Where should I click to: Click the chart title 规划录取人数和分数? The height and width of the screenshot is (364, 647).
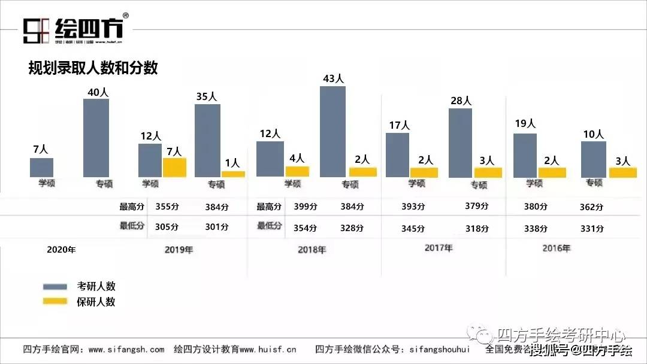(x=93, y=68)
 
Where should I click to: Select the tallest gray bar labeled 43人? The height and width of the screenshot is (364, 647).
(x=332, y=132)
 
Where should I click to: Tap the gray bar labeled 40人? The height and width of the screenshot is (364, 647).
(x=96, y=138)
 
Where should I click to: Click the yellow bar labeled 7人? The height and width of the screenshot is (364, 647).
(x=174, y=167)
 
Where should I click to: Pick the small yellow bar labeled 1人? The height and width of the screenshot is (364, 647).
(x=233, y=174)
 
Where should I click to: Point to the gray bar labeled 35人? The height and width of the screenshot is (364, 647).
(x=207, y=141)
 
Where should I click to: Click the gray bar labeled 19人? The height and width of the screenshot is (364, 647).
(x=525, y=155)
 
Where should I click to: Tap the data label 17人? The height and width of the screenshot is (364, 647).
(x=398, y=125)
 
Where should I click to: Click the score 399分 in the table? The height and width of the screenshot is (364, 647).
(x=305, y=207)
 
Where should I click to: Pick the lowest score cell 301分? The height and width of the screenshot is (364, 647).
(x=216, y=227)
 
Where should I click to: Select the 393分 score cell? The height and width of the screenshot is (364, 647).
(x=413, y=207)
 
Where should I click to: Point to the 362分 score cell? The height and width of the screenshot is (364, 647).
(x=591, y=207)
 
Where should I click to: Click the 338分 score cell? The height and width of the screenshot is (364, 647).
(x=536, y=229)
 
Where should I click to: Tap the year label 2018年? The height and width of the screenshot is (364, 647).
(x=312, y=250)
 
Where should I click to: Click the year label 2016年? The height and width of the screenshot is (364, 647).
(x=556, y=248)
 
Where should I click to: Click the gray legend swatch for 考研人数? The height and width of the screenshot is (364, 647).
(x=55, y=287)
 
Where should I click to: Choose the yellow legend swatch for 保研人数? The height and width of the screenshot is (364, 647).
(x=55, y=301)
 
